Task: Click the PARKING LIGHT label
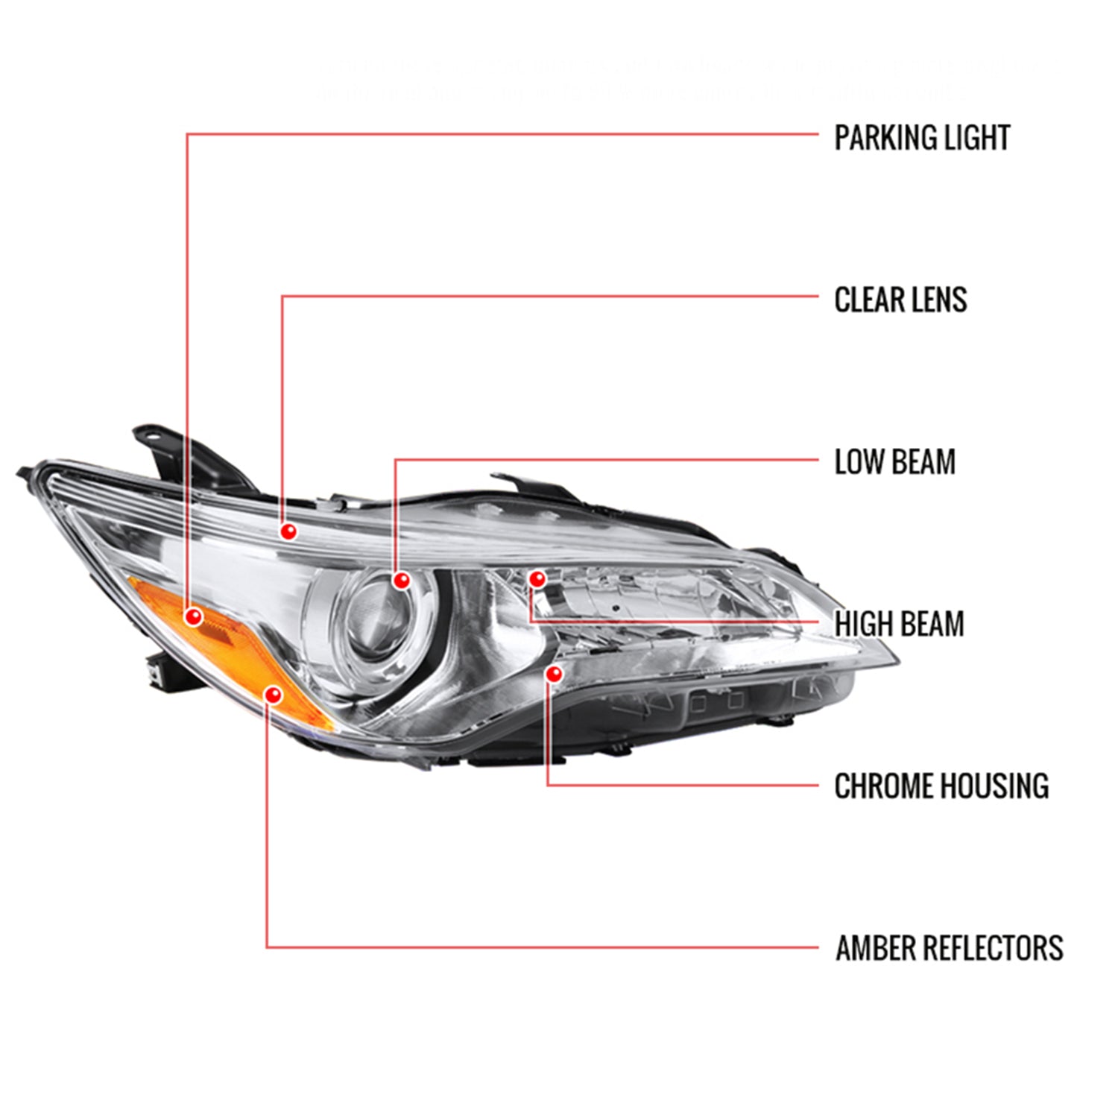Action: tap(921, 138)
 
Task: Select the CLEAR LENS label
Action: tap(900, 300)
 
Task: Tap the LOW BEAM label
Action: tap(894, 462)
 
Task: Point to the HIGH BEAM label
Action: tap(899, 624)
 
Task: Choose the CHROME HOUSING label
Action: tap(941, 786)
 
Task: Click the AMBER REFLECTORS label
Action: tap(949, 948)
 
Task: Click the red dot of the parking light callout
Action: tap(194, 616)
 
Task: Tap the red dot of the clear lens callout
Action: tap(288, 531)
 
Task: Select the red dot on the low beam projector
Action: tap(402, 580)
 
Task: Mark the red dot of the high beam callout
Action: tap(537, 578)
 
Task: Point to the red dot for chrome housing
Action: tap(553, 674)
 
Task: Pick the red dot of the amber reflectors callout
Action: tap(274, 695)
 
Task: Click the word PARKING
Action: tap(876, 138)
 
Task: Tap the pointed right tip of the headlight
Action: tap(897, 660)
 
